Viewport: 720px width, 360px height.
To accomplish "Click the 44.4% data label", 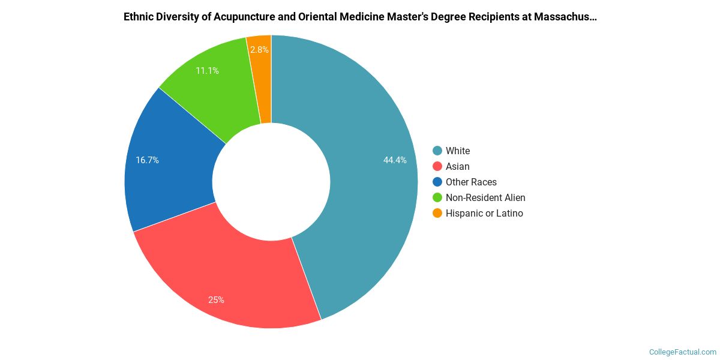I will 395,160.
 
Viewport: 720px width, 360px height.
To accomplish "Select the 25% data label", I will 216,299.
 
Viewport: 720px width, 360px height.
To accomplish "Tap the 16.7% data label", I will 147,160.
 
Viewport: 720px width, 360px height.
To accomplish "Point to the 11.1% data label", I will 207,71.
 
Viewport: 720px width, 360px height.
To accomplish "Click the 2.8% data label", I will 260,50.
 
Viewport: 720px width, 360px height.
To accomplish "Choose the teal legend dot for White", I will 437,151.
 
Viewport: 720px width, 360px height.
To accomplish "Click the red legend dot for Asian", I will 437,166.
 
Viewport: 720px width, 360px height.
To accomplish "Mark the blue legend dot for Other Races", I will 437,182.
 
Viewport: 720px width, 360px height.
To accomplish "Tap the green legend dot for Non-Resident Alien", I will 437,197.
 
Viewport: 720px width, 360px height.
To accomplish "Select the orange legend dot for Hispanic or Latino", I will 437,213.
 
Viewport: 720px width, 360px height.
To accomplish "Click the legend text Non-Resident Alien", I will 485,197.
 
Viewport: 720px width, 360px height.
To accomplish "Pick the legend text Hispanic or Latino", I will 484,213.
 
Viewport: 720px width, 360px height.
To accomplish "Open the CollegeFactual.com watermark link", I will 683,352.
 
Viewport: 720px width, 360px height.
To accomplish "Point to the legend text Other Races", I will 471,182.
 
